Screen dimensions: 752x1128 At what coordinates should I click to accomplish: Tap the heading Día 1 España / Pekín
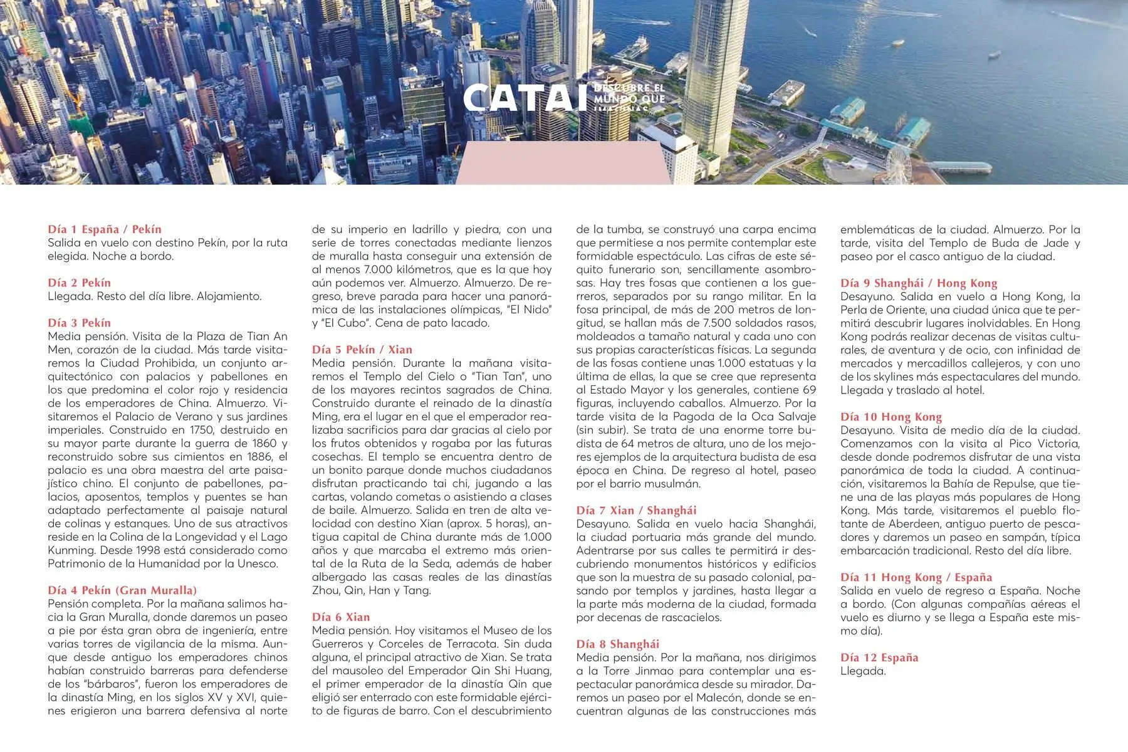(x=105, y=229)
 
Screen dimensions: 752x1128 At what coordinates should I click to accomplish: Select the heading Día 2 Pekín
(x=79, y=283)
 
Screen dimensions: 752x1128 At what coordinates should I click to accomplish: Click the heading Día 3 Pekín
(x=79, y=323)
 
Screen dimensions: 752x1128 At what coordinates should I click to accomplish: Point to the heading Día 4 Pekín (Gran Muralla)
(x=122, y=590)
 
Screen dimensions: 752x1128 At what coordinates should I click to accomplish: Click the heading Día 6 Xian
(x=341, y=617)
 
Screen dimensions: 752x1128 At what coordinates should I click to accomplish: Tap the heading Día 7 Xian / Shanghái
(x=636, y=510)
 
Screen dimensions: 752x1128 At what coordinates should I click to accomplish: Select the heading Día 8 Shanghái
(x=617, y=644)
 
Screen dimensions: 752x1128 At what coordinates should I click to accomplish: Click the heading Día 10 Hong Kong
(x=890, y=417)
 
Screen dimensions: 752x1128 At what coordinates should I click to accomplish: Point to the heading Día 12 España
(x=879, y=657)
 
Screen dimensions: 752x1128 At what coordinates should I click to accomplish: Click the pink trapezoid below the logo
(x=562, y=163)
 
